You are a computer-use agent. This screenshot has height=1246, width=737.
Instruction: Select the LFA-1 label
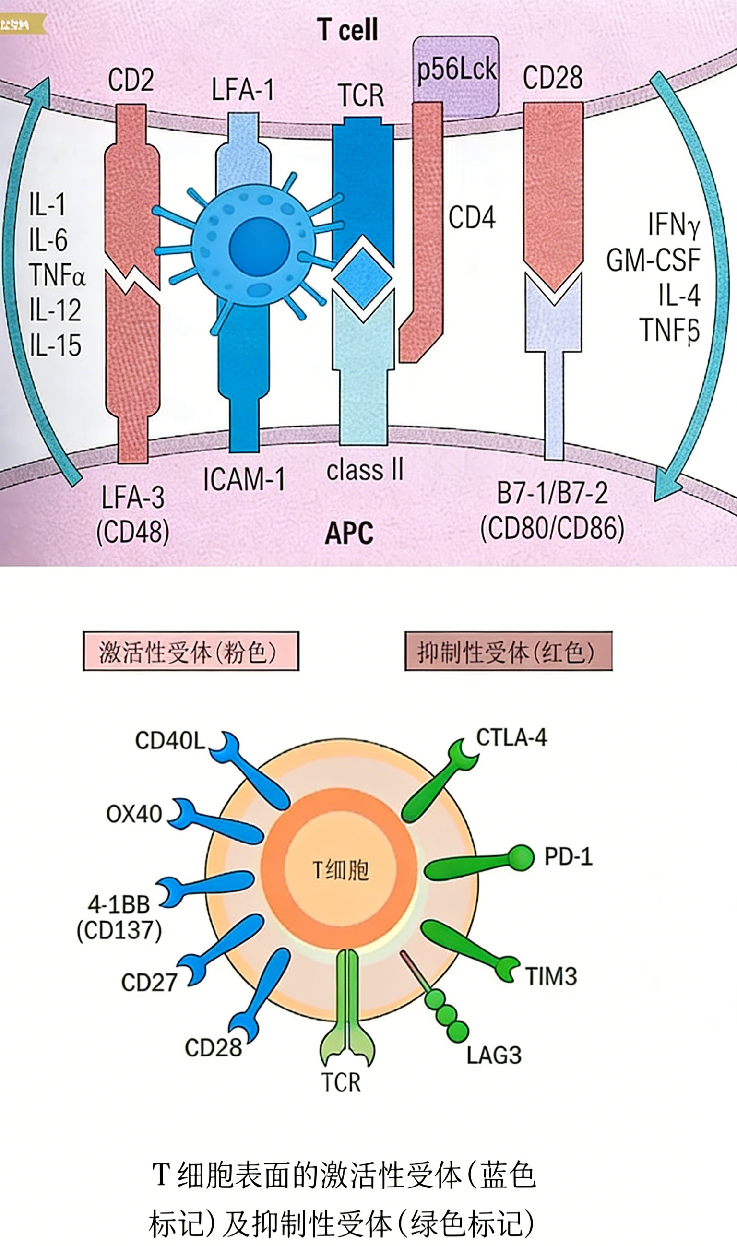pyautogui.click(x=242, y=90)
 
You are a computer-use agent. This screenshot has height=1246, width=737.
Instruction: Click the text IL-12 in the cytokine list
pyautogui.click(x=55, y=310)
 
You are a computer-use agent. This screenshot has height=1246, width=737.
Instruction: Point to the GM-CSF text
pyautogui.click(x=653, y=260)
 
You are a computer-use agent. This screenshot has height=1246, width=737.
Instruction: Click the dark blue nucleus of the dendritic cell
pyautogui.click(x=259, y=246)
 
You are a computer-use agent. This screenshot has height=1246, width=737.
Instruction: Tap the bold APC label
pyautogui.click(x=349, y=534)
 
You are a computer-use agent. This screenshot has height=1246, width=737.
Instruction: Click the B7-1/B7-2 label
pyautogui.click(x=552, y=493)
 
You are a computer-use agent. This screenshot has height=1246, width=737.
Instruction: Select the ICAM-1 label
pyautogui.click(x=244, y=479)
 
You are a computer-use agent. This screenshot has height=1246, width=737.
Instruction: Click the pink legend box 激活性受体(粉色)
pyautogui.click(x=190, y=652)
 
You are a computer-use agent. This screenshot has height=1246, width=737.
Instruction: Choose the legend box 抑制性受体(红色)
pyautogui.click(x=508, y=652)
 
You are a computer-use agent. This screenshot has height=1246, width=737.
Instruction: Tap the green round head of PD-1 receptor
pyautogui.click(x=521, y=858)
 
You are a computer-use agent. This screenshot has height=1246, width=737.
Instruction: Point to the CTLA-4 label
pyautogui.click(x=511, y=737)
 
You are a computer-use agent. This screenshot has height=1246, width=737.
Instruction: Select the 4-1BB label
pyautogui.click(x=119, y=905)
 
